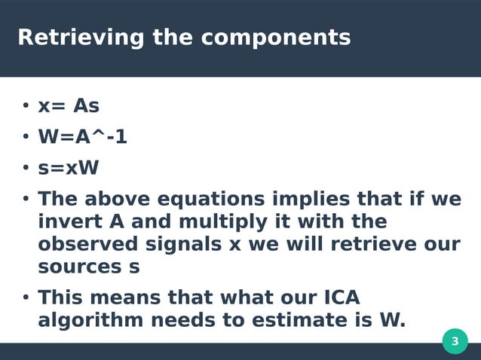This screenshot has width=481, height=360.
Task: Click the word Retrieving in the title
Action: (x=81, y=37)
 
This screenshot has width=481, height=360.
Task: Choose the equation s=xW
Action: (x=69, y=167)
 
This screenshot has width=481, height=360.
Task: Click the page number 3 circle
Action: (x=455, y=341)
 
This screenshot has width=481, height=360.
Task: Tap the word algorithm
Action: (x=90, y=320)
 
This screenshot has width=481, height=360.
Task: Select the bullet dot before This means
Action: (x=25, y=297)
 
